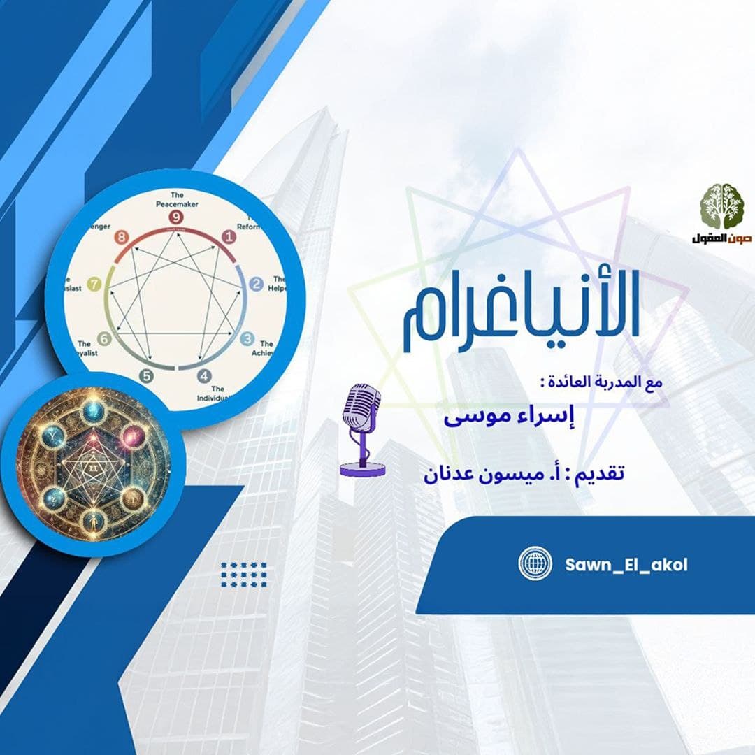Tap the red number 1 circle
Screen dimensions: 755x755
[x=228, y=238]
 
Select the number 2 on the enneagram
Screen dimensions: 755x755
[x=256, y=284]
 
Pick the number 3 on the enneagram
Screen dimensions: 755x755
[x=247, y=340]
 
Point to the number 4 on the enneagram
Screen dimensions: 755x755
[x=203, y=375]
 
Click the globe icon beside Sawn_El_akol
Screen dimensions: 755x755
[x=535, y=564]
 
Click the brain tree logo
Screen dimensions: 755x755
[x=722, y=206]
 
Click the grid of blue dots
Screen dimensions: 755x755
[x=243, y=575]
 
